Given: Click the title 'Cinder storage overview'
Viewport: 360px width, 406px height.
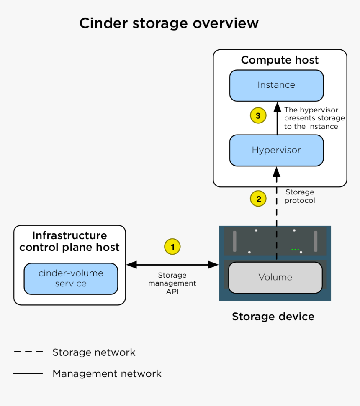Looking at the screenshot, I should tap(169, 23).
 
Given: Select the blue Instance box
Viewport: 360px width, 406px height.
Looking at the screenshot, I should tap(276, 85).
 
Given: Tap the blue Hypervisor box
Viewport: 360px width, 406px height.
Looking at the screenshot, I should tap(276, 150).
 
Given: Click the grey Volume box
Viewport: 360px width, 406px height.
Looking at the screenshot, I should tap(275, 277).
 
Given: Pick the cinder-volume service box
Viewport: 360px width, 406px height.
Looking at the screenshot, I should tap(71, 278).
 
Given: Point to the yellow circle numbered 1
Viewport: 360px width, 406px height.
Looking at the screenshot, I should tap(172, 246).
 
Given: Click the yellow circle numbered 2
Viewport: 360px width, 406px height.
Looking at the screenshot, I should tap(258, 199).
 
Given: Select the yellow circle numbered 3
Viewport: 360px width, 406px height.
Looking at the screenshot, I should tap(258, 116).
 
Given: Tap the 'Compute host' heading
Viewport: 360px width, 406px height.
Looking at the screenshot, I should tap(280, 60).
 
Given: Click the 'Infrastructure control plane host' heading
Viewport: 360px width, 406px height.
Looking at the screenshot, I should tap(69, 241).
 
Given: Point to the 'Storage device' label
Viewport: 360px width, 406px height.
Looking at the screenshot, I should tap(273, 317).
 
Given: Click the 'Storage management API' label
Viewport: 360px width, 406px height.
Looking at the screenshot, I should tap(172, 283).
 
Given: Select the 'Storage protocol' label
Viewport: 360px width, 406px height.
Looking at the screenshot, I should tap(300, 196).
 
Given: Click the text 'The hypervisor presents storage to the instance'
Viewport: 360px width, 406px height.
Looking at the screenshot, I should tap(314, 118).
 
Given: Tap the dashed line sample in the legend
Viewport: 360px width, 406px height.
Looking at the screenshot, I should tap(28, 352).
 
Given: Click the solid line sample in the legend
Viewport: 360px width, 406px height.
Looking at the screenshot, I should tap(28, 373).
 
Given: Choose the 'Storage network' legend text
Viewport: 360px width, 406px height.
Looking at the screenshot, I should tap(94, 352).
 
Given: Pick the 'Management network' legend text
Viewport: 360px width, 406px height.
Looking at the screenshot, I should tap(107, 373).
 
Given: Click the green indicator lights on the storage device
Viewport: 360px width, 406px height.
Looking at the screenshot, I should tap(296, 250).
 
